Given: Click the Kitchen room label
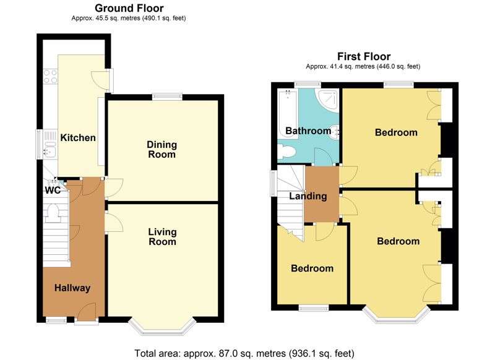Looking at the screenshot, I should click(x=77, y=137).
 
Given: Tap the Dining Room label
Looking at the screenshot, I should click(x=161, y=150).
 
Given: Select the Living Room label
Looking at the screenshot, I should click(x=162, y=237).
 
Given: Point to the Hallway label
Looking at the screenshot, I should click(x=72, y=288).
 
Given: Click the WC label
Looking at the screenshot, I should click(x=52, y=191).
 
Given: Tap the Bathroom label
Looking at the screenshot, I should click(x=308, y=131).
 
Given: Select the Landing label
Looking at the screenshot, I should click(x=309, y=197).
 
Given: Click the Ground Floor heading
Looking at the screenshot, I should click(x=128, y=8).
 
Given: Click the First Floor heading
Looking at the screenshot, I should click(x=363, y=56).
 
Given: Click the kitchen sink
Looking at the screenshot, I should click(x=49, y=143).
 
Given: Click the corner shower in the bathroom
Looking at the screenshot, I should click(x=326, y=99).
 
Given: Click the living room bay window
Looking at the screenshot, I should click(x=162, y=325).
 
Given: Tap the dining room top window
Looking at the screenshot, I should click(x=168, y=96).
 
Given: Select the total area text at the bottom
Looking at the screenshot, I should click(x=244, y=353).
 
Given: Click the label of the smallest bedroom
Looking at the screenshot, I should click(x=312, y=268).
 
